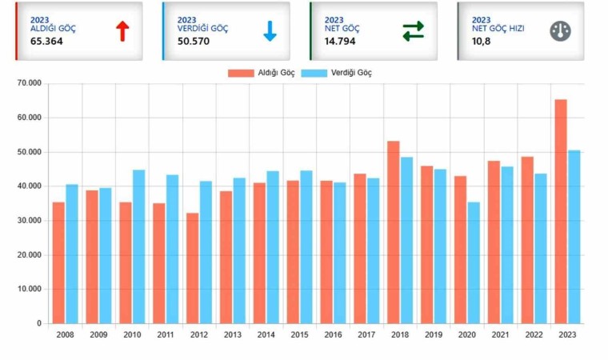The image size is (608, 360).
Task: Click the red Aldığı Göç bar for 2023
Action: [561, 211]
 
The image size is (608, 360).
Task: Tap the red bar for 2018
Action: [394, 232]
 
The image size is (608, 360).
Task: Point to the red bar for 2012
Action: [192, 268]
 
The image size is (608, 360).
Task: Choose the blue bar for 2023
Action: [574, 237]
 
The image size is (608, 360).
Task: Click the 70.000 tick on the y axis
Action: [28, 83]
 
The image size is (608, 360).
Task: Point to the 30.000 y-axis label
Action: [28, 221]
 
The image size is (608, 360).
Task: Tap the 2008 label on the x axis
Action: [65, 334]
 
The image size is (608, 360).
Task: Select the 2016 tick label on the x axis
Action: [333, 334]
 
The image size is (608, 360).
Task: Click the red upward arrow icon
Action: [122, 31]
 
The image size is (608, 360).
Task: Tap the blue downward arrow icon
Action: [270, 31]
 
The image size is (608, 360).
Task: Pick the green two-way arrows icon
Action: [413, 31]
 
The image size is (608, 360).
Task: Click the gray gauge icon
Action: [560, 31]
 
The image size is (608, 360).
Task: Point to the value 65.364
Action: [47, 41]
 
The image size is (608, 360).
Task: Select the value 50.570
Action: [194, 41]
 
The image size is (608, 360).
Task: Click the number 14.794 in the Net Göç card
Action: [341, 41]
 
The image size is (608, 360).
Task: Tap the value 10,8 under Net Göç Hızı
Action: [482, 41]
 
